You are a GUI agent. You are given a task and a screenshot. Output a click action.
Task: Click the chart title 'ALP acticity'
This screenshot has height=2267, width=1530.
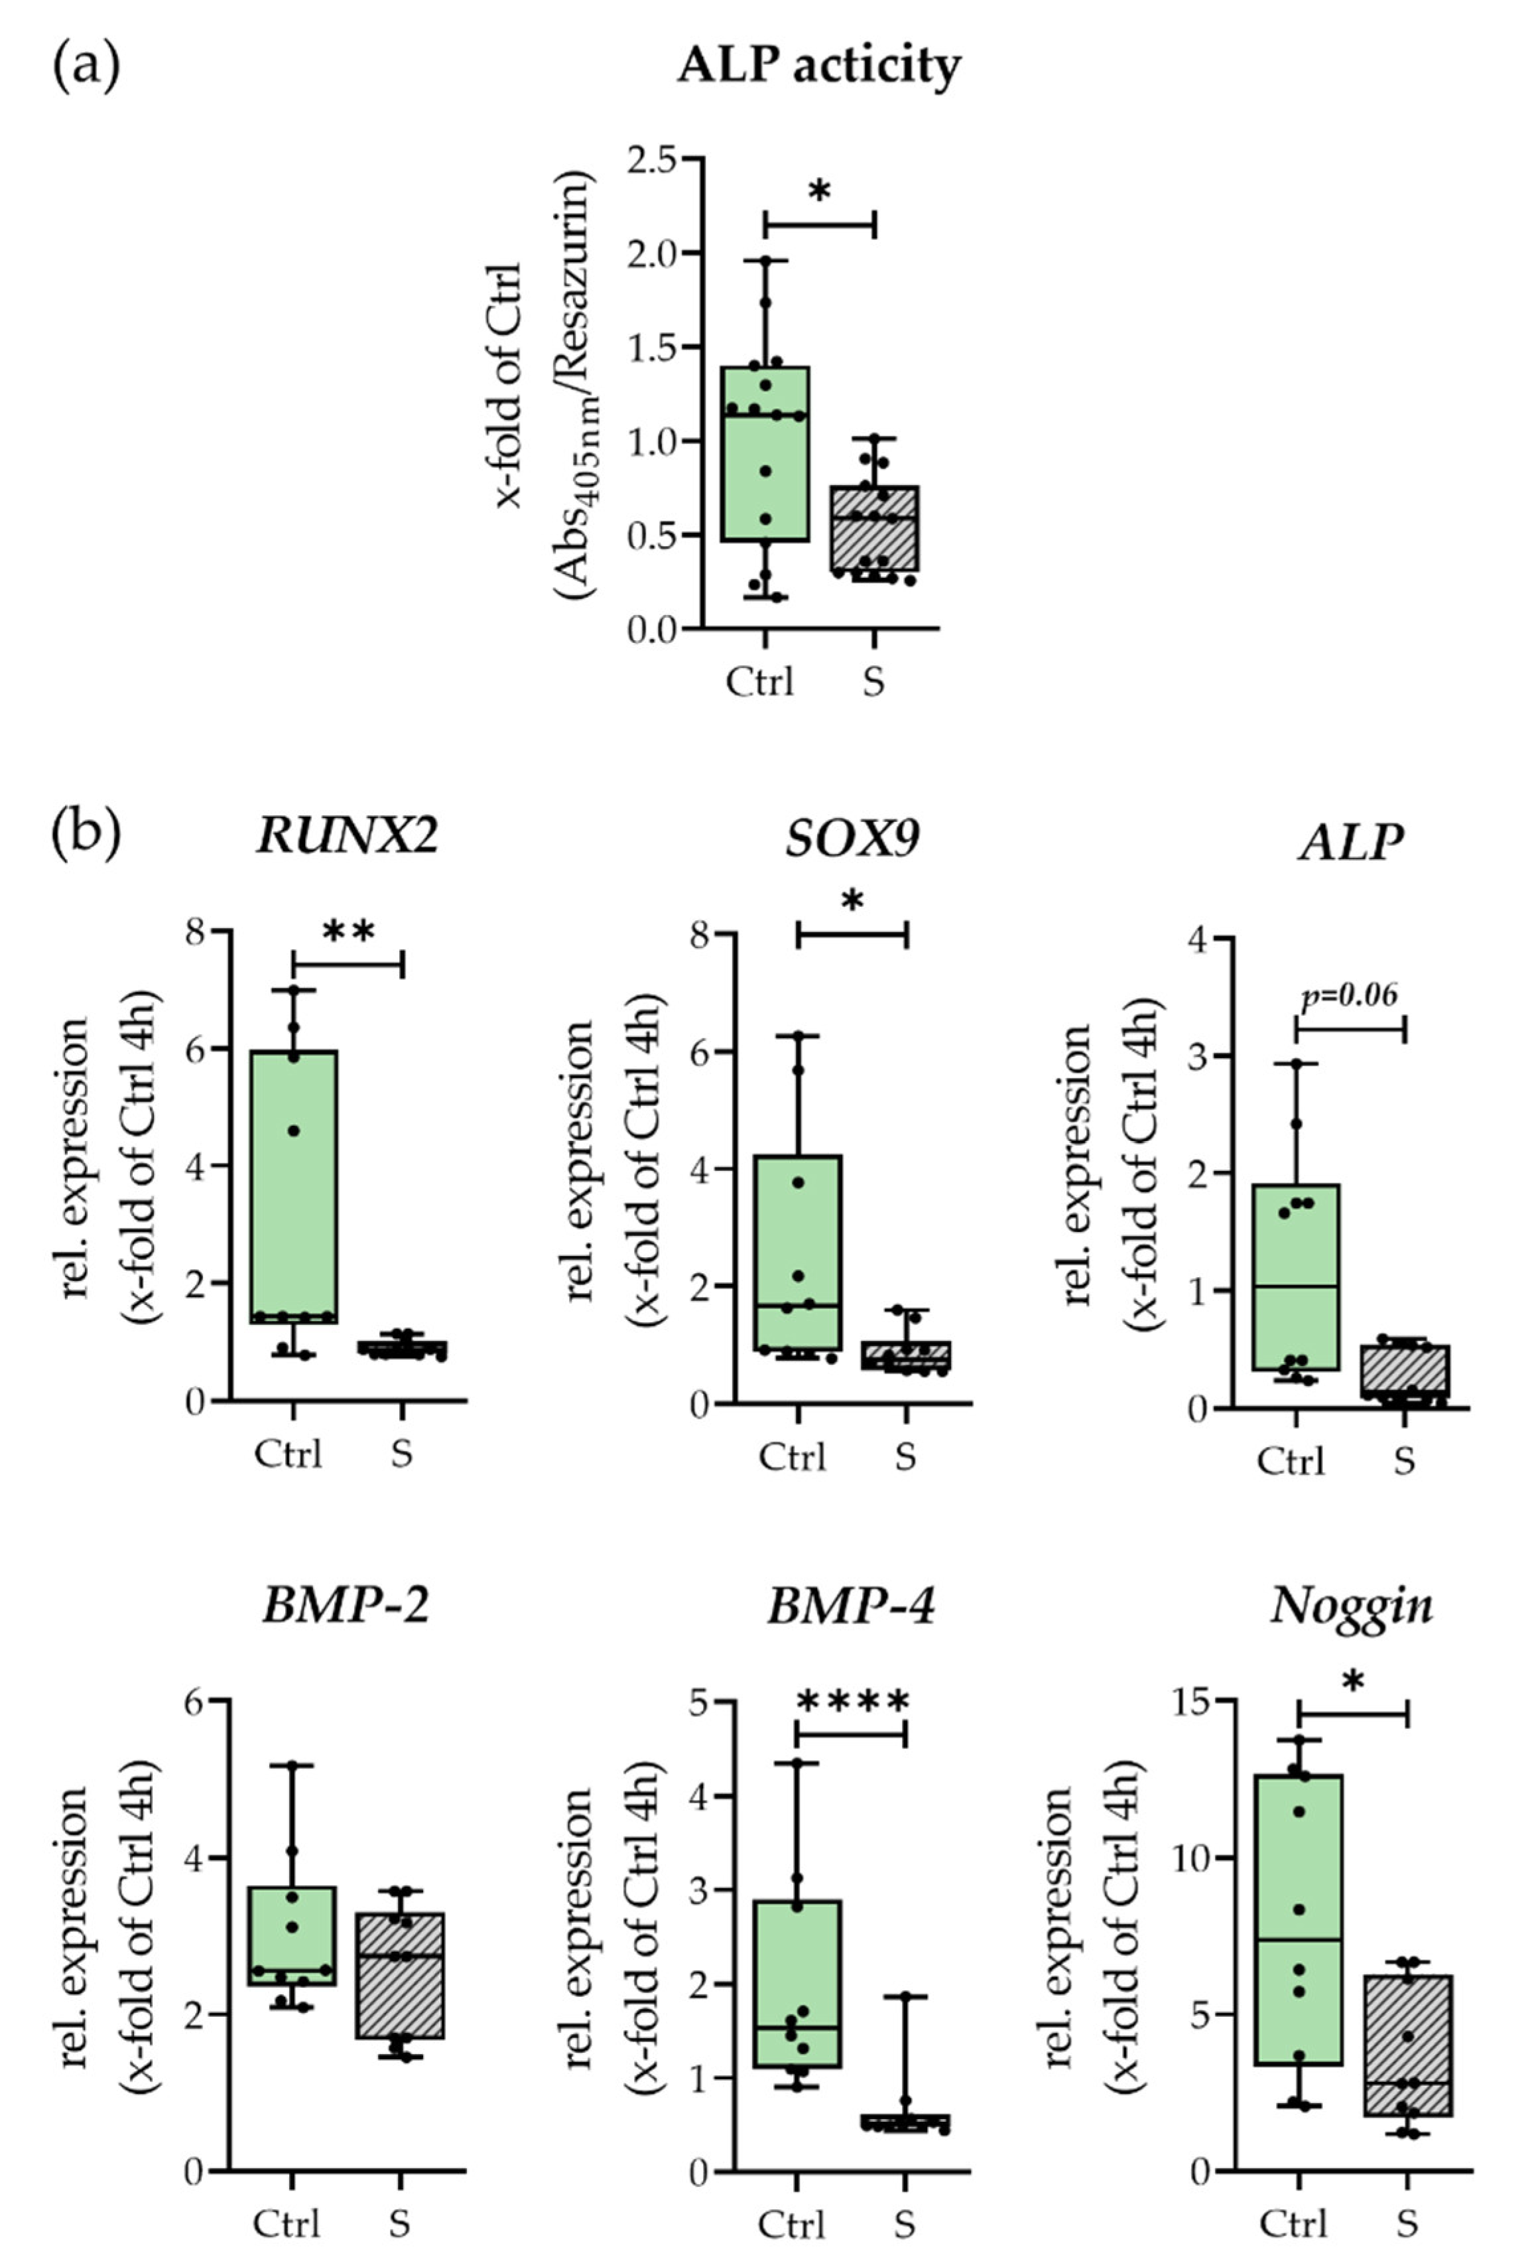pyautogui.click(x=819, y=67)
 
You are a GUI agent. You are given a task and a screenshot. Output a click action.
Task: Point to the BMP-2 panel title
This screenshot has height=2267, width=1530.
pyautogui.click(x=346, y=1606)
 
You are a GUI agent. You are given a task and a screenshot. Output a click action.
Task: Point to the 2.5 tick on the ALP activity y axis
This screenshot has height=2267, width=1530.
pyautogui.click(x=651, y=159)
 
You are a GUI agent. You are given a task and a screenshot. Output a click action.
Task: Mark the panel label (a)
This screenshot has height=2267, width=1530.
pyautogui.click(x=86, y=66)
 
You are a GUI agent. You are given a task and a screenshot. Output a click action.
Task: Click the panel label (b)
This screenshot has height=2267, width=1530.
pyautogui.click(x=86, y=835)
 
